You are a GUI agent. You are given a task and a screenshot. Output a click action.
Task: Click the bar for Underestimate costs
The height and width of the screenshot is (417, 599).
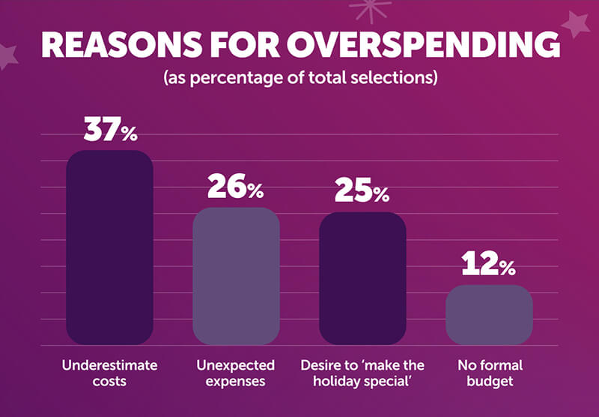[109, 247]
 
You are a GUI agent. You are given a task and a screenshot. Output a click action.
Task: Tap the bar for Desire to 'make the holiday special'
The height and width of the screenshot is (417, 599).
[362, 278]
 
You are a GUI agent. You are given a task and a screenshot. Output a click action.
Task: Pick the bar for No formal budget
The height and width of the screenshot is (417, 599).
[489, 315]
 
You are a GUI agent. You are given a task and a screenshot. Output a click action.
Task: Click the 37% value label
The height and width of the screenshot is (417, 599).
[110, 130]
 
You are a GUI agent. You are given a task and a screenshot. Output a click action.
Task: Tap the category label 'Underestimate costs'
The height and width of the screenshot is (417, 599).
[109, 373]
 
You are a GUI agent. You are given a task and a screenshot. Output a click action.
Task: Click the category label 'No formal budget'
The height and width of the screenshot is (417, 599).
[489, 373]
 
